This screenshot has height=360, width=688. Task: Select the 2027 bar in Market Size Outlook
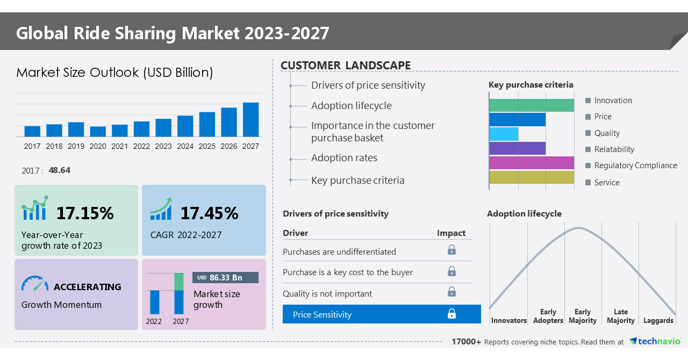pyautogui.click(x=250, y=119)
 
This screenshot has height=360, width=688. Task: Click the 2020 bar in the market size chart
pyautogui.click(x=98, y=132)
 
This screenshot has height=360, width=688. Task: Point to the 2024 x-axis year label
pyautogui.click(x=185, y=146)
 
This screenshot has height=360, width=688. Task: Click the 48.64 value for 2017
pyautogui.click(x=59, y=170)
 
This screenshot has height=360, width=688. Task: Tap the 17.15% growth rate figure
pyautogui.click(x=85, y=213)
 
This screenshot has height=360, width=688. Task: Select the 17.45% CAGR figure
pyautogui.click(x=209, y=213)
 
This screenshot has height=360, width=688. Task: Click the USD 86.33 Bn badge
pyautogui.click(x=225, y=277)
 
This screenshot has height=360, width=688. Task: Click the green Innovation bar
pyautogui.click(x=532, y=105)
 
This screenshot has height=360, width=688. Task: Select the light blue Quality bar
pyautogui.click(x=504, y=134)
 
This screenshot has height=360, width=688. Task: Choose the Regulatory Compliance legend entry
pyautogui.click(x=631, y=165)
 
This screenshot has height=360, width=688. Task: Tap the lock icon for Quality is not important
pyautogui.click(x=451, y=292)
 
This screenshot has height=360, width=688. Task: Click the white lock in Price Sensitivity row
pyautogui.click(x=451, y=314)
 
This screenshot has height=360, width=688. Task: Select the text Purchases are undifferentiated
pyautogui.click(x=339, y=251)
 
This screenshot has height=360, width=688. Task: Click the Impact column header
pyautogui.click(x=451, y=233)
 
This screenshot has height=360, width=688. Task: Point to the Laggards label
pyautogui.click(x=658, y=320)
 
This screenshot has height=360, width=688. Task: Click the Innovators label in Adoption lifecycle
pyautogui.click(x=508, y=320)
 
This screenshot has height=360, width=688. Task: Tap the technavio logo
pyautogui.click(x=655, y=341)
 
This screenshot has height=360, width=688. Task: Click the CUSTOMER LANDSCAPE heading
pyautogui.click(x=346, y=66)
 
